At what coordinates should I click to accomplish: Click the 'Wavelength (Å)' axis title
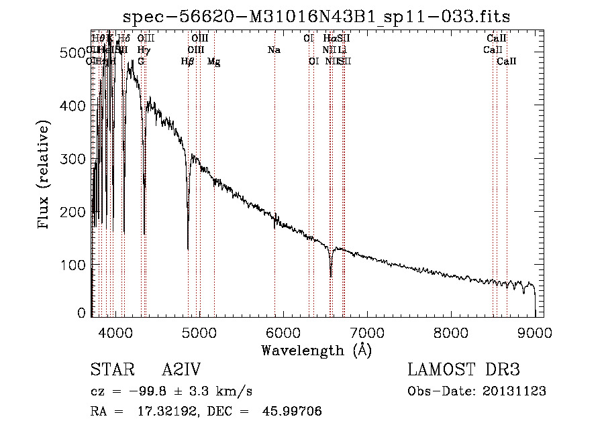coord(316,350)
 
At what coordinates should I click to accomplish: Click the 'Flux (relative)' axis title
coord(45,176)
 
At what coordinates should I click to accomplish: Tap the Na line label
coord(274,50)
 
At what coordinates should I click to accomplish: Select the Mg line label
coord(214,62)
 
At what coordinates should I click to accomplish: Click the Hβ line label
coord(188,62)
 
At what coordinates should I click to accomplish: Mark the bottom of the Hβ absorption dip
coord(188,249)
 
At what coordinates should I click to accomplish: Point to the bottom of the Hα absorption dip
coord(331,276)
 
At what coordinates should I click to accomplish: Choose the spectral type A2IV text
coord(181,370)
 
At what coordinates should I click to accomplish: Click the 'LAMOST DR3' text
coord(463,370)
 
